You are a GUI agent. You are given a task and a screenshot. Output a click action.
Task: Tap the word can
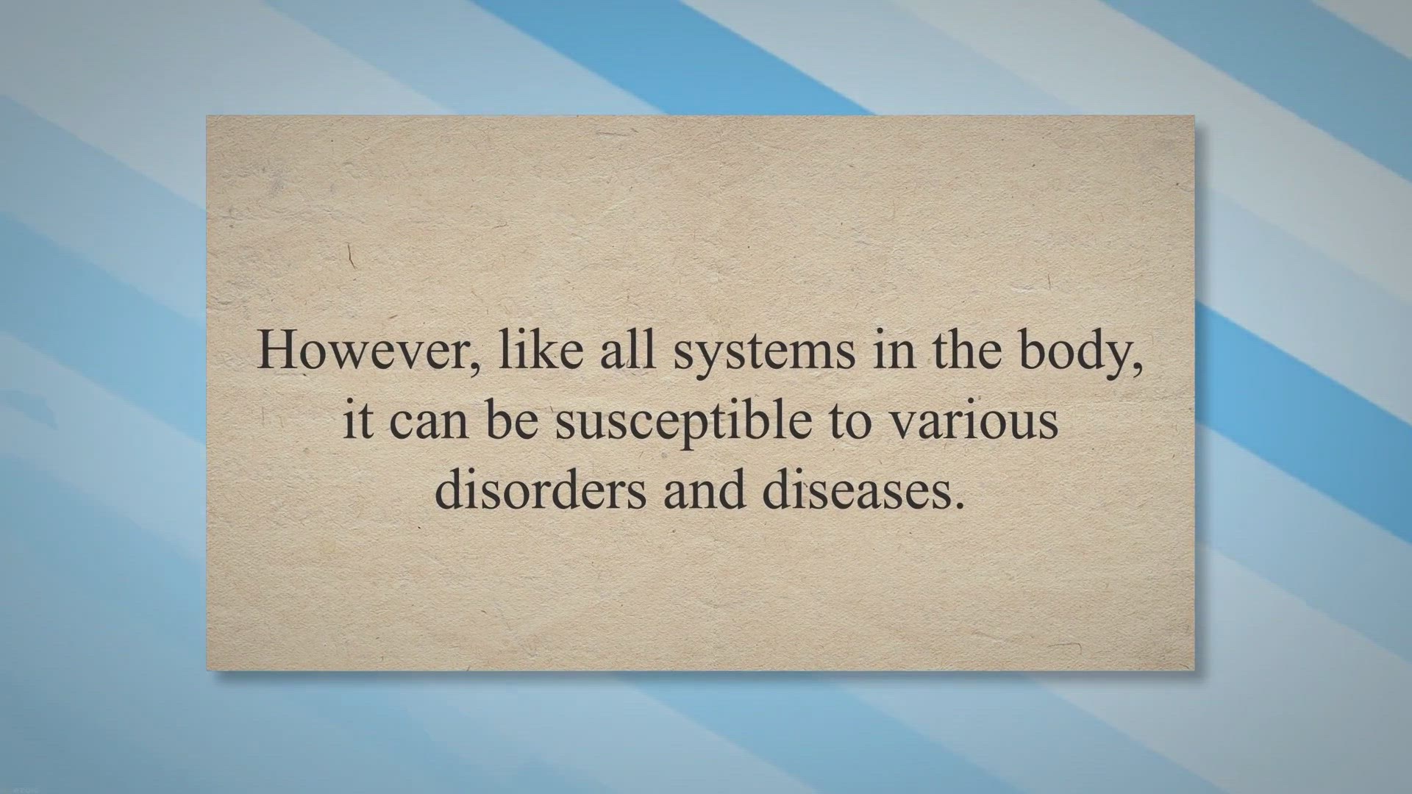coord(428,423)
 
